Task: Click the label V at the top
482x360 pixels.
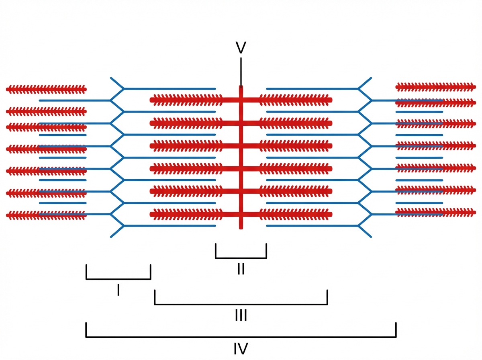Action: coord(241,48)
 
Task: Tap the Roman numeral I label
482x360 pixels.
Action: coord(118,290)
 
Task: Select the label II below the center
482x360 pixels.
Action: coord(241,268)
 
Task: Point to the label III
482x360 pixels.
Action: coord(241,315)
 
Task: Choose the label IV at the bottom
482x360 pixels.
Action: coord(241,348)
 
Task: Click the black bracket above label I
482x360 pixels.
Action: coord(118,278)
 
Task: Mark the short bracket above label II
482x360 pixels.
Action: coord(241,258)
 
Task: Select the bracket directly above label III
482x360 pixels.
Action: coord(241,304)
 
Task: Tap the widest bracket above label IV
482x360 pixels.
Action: coord(241,337)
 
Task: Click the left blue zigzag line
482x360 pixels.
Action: coord(117,157)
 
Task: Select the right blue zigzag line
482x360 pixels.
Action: coord(365,157)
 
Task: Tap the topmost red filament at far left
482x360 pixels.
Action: coord(46,89)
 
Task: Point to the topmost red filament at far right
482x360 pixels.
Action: coord(435,86)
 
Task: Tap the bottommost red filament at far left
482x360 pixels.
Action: coord(24,215)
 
